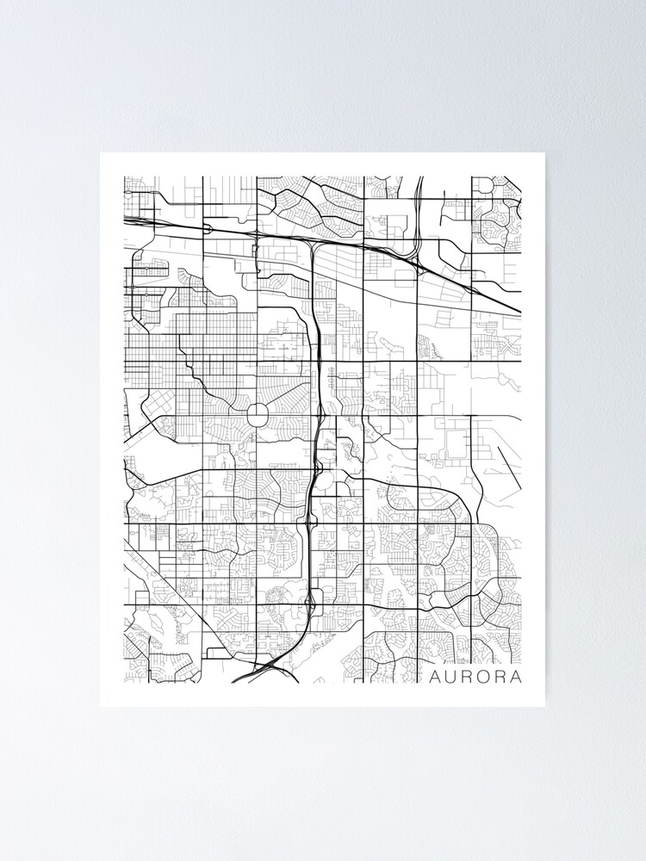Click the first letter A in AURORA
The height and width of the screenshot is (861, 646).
pos(436,677)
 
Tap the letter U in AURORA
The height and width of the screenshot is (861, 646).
pos(452,677)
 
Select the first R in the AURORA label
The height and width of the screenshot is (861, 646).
pos(469,677)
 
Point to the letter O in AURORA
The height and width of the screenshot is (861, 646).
pos(485,677)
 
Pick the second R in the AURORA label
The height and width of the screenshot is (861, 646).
pos(501,677)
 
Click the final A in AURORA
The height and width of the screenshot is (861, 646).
pos(516,677)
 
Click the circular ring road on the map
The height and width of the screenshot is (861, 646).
pos(258,415)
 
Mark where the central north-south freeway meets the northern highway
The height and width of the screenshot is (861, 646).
pos(311,246)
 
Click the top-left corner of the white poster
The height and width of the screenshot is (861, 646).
pos(101,153)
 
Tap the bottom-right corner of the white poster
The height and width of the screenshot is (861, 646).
pos(545,707)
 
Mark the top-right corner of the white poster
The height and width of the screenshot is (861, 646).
pos(545,153)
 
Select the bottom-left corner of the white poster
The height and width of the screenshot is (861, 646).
pos(101,707)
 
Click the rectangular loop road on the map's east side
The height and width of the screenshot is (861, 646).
pos(455,443)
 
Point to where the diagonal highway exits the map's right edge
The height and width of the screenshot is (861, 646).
pos(521,312)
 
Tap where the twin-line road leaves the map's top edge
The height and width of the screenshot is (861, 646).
pos(419,177)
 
